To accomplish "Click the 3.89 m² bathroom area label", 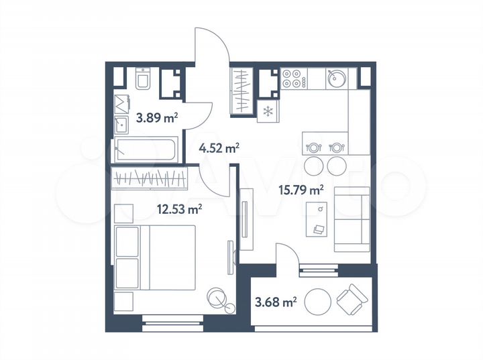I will pyautogui.click(x=156, y=119).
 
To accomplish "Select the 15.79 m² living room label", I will pyautogui.click(x=301, y=190).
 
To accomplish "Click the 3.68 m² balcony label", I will pyautogui.click(x=275, y=303).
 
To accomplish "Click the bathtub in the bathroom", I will pyautogui.click(x=146, y=149).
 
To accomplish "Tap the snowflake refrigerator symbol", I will pyautogui.click(x=267, y=111).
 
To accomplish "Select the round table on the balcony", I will pyautogui.click(x=319, y=302).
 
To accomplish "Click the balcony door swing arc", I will pyautogui.click(x=285, y=254).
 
